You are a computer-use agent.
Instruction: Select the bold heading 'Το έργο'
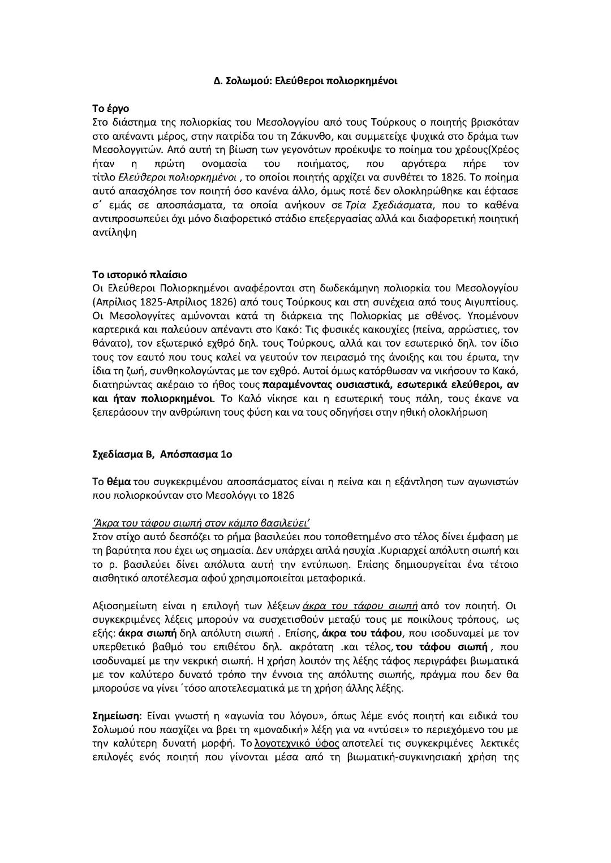coord(110,108)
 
